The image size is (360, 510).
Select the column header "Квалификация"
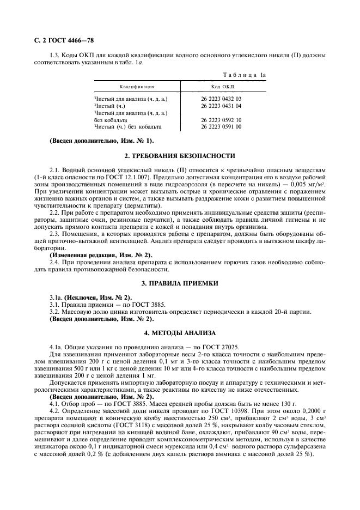coord(137,87)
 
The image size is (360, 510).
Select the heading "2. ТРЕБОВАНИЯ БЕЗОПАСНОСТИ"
coord(180,156)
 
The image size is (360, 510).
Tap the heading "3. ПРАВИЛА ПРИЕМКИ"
coord(180,283)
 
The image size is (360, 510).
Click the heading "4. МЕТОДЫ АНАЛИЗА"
coord(180,332)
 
